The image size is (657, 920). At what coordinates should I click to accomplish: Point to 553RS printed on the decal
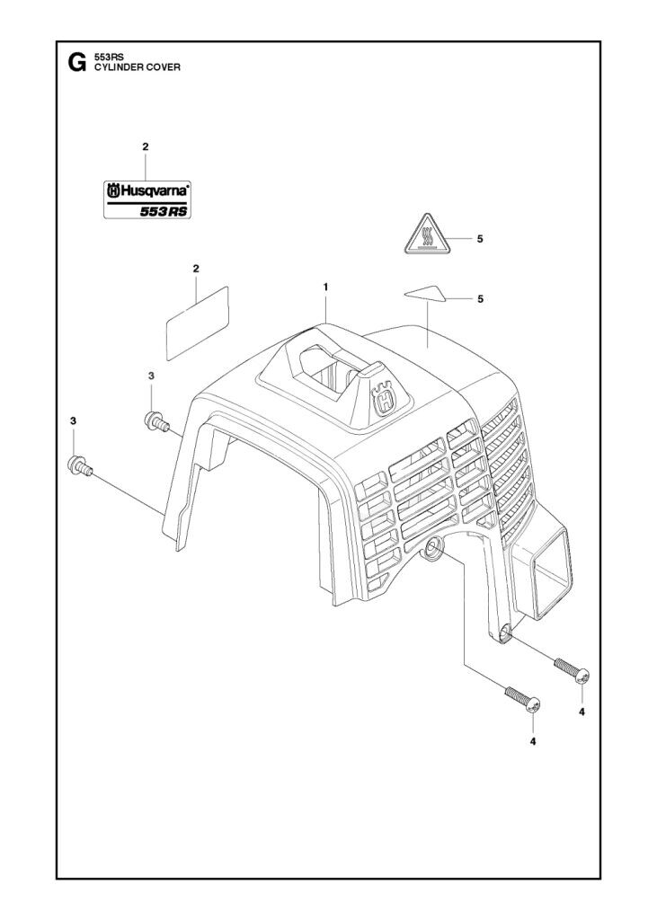coord(165,211)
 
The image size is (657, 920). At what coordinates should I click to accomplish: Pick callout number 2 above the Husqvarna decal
coord(146,146)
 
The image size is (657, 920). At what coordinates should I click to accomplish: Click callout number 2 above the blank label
coord(196,269)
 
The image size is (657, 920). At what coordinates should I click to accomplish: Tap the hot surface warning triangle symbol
coord(428,237)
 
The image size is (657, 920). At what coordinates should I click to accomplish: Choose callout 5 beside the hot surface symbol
coord(481,238)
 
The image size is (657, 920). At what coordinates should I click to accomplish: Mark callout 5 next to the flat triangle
coord(481,297)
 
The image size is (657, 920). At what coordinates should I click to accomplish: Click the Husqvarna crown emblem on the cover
coord(385,399)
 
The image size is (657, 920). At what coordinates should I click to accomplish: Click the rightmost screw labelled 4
coord(572,670)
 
